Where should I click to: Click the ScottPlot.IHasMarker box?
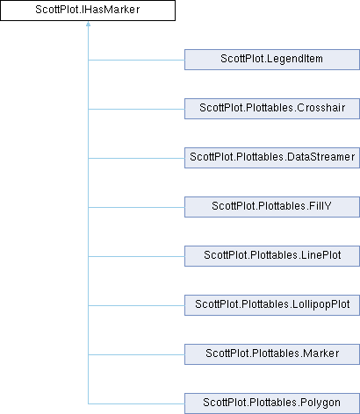click(88, 11)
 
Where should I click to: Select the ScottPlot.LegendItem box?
click(272, 60)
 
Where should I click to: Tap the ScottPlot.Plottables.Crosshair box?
click(272, 109)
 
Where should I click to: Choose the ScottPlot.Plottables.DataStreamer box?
click(272, 158)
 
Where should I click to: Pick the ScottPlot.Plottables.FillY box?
click(272, 207)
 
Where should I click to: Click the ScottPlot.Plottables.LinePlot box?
click(272, 256)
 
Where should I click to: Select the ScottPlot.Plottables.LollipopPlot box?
click(272, 305)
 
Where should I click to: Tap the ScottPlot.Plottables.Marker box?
click(272, 354)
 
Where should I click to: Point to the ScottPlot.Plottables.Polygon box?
click(272, 403)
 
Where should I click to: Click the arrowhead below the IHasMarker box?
click(88, 24)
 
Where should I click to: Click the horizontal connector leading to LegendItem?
click(136, 60)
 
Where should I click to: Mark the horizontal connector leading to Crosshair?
click(136, 109)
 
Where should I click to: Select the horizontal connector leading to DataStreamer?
click(136, 158)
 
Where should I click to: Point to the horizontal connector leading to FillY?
click(136, 207)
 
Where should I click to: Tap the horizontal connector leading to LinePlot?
click(136, 256)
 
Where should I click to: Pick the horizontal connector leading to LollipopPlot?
click(136, 305)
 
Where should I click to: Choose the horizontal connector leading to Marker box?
click(136, 354)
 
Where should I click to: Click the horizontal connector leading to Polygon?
click(136, 403)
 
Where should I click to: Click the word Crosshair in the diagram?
click(321, 108)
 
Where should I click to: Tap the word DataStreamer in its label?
click(321, 157)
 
